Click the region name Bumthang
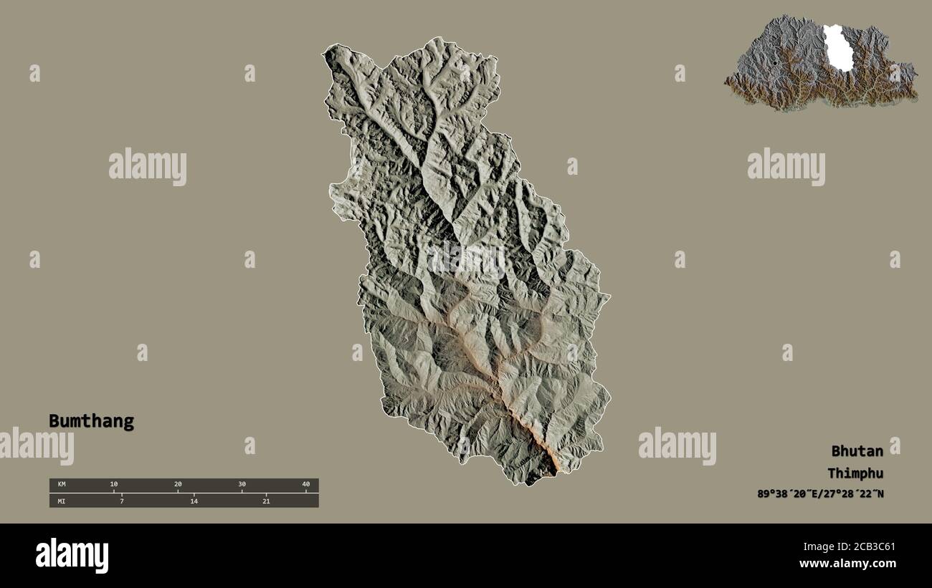point(91,421)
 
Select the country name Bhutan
point(857,451)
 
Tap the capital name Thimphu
point(855,473)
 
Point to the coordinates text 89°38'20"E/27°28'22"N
point(820,494)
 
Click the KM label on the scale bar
point(62,485)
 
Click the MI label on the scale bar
point(62,501)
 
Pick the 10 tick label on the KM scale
point(113,485)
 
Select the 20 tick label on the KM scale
point(178,485)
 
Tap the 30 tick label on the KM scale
point(242,485)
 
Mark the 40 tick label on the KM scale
point(305,485)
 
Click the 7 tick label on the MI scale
point(122,501)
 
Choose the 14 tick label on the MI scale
point(194,501)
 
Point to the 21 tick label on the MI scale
point(266,501)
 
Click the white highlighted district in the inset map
point(837,49)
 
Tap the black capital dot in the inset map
point(775,64)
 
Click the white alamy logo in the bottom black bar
point(72,556)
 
